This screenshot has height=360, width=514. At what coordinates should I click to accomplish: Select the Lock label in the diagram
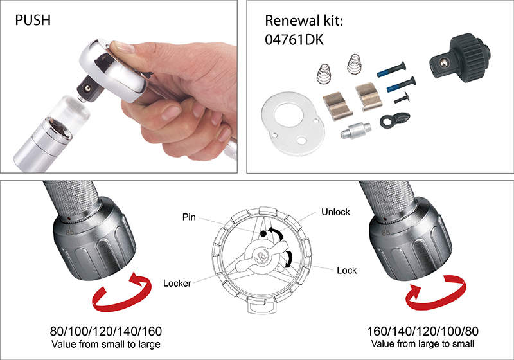[346, 271]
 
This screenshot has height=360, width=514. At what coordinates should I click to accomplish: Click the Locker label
[177, 282]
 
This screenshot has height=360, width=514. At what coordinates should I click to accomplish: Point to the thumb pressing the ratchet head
[122, 48]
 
